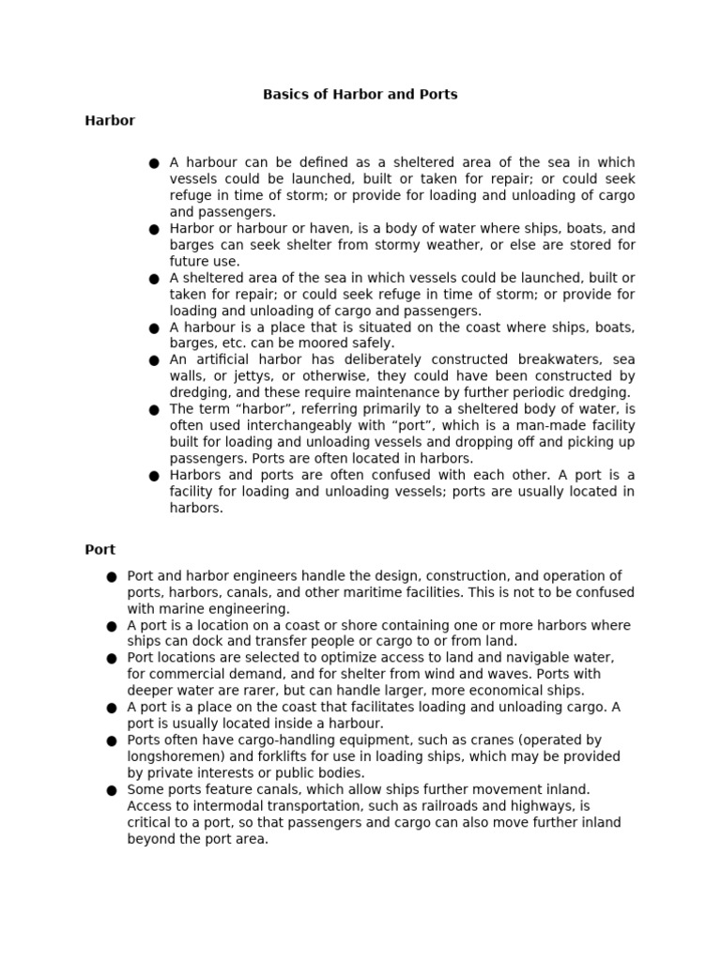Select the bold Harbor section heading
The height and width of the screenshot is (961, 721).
click(110, 121)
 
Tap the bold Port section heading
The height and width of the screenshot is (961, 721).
click(100, 549)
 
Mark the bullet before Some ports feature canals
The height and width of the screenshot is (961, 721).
click(111, 791)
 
